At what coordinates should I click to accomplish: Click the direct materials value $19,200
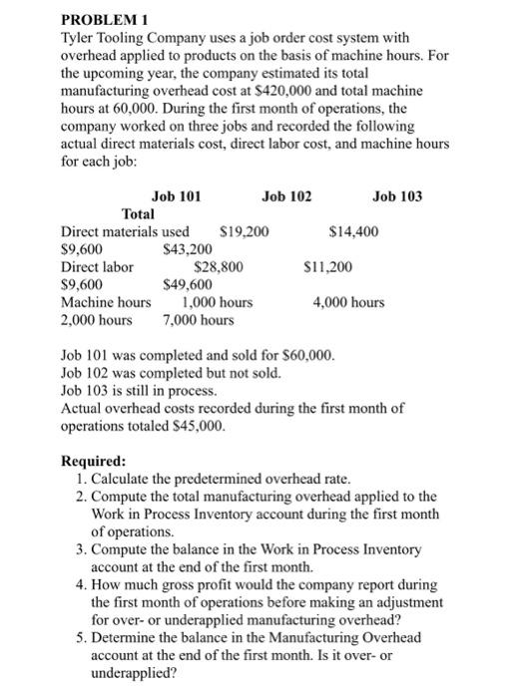243,231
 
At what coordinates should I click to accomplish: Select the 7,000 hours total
198,320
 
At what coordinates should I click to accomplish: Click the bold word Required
94,462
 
